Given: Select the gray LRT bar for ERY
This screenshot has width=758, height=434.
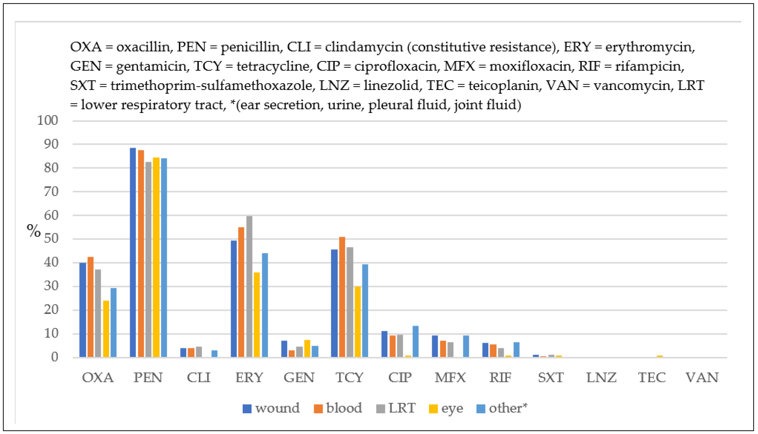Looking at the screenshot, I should pyautogui.click(x=249, y=286).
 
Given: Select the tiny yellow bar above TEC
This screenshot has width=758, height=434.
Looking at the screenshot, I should pyautogui.click(x=659, y=356).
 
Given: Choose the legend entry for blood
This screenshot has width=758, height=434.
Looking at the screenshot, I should pyautogui.click(x=338, y=408).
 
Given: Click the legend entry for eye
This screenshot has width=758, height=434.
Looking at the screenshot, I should pyautogui.click(x=446, y=408).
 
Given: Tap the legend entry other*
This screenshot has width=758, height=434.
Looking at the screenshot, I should pyautogui.click(x=502, y=408).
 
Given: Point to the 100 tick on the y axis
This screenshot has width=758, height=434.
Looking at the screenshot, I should pyautogui.click(x=47, y=120).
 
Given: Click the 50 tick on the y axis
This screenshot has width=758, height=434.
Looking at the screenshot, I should pyautogui.click(x=51, y=239).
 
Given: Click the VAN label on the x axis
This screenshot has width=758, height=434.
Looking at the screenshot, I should pyautogui.click(x=702, y=378).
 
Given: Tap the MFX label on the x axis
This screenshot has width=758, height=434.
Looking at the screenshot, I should pyautogui.click(x=450, y=378).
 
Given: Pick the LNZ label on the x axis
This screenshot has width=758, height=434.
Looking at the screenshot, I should pyautogui.click(x=601, y=378).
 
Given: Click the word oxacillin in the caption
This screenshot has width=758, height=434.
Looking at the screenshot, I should pyautogui.click(x=143, y=47).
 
